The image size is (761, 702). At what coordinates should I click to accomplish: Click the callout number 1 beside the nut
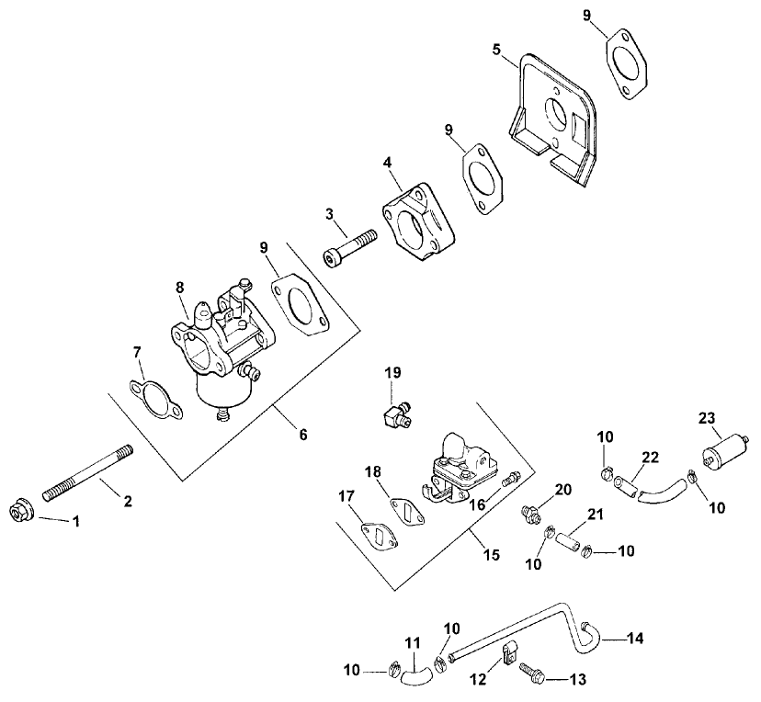76,521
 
